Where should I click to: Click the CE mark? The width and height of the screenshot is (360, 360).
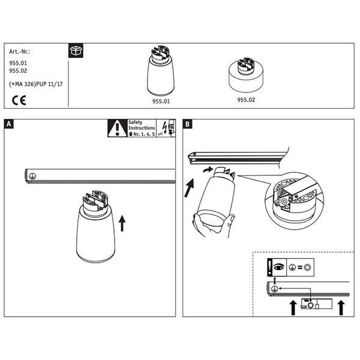click(19, 100)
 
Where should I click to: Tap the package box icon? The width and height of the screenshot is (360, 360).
click(76, 50)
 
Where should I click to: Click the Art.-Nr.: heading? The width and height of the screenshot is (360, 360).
click(20, 52)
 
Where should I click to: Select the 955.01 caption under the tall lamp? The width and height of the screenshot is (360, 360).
click(161, 101)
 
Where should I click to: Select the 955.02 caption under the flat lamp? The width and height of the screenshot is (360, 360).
click(246, 100)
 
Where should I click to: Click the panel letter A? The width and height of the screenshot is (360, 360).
click(9, 124)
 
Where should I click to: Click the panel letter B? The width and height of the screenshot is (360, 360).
click(188, 124)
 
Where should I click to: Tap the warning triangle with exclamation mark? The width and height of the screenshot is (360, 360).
click(118, 128)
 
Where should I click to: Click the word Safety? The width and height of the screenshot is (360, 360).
click(135, 122)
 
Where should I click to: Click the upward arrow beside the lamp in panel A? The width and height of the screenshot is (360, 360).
click(122, 223)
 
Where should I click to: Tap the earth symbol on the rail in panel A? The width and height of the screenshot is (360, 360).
click(32, 176)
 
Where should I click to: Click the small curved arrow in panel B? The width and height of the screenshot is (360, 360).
click(208, 170)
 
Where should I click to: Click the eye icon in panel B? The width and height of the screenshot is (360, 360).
click(279, 267)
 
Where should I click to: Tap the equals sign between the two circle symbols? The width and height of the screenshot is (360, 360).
click(300, 267)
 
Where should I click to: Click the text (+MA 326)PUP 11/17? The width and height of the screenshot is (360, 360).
click(36, 84)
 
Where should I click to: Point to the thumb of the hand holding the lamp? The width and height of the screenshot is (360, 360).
click(230, 221)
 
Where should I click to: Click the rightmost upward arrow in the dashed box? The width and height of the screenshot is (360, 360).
click(341, 308)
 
